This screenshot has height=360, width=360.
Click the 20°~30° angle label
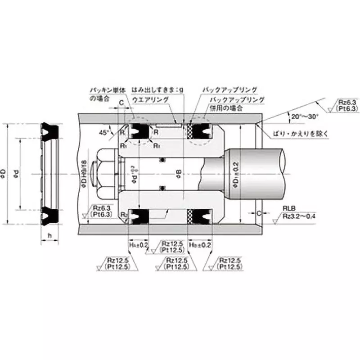(x=305, y=116)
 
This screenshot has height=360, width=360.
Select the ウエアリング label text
(x=151, y=99)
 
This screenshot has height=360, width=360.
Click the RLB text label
(x=289, y=208)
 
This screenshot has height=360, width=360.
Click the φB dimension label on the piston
(x=179, y=173)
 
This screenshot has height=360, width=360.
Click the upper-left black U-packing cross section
(x=138, y=131)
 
